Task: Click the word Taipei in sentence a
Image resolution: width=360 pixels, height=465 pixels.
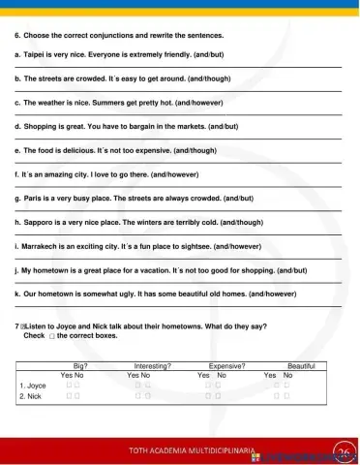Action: click(37, 56)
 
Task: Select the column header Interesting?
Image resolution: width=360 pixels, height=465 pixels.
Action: click(152, 365)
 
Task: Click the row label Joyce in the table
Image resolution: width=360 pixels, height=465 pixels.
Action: click(36, 386)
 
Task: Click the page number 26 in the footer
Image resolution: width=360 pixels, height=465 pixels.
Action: click(343, 451)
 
